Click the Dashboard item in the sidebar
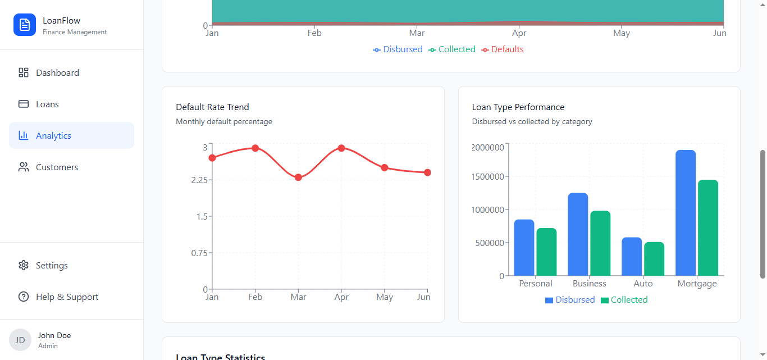[57, 73]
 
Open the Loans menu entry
[47, 104]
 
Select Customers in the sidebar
[57, 167]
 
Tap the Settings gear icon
[24, 266]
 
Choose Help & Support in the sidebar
[67, 297]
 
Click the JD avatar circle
[20, 340]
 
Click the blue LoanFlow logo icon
[25, 25]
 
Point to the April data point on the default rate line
[341, 148]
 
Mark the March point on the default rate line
[298, 177]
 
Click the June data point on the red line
[427, 172]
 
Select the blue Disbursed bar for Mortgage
[686, 213]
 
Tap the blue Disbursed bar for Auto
[632, 257]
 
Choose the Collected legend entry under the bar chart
[624, 300]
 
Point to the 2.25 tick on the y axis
[199, 180]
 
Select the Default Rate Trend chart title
[212, 107]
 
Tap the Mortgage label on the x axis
[697, 284]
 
